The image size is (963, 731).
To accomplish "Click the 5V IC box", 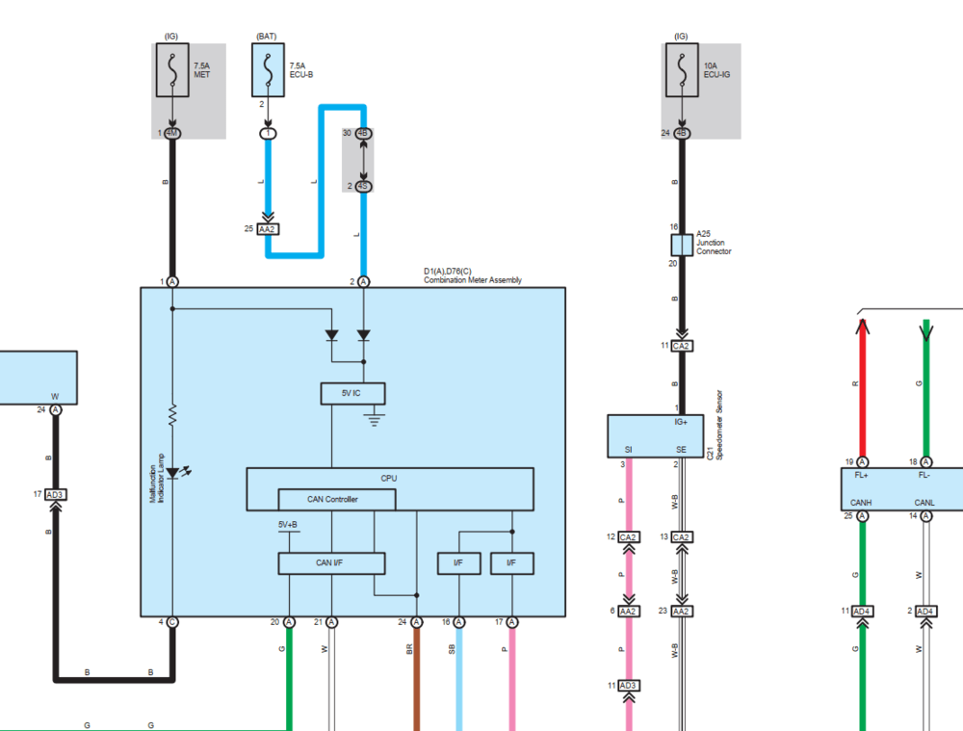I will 352,393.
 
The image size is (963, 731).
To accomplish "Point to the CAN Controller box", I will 337,499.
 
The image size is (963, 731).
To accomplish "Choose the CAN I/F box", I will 331,562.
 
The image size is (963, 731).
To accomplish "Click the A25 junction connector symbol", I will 682,246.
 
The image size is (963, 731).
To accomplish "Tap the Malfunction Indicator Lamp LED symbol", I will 172,472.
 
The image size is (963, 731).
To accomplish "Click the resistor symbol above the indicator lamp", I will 172,415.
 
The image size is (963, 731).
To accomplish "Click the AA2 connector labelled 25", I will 268,229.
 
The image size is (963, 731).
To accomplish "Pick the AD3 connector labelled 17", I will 55,494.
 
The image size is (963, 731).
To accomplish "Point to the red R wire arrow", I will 862,332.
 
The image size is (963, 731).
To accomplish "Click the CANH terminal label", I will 862,501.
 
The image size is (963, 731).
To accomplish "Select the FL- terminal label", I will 924,476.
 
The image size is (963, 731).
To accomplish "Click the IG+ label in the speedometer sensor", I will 681,422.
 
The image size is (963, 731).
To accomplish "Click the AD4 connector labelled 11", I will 862,611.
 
